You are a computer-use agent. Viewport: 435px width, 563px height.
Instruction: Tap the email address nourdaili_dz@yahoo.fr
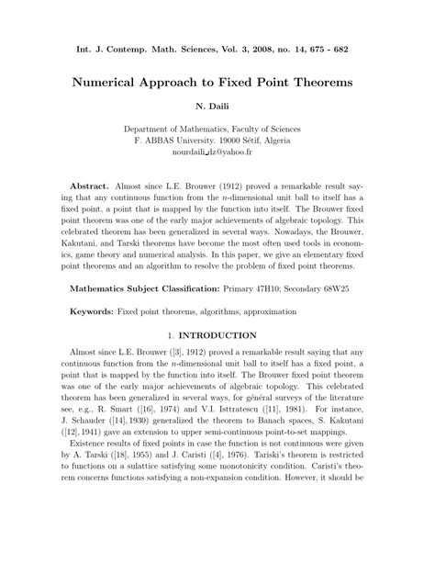[x=217, y=155]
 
